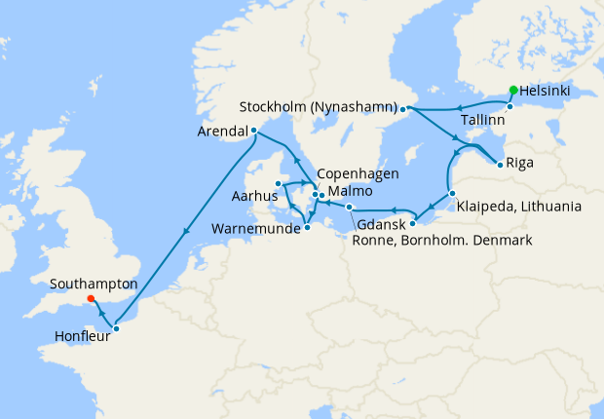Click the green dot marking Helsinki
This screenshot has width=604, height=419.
point(513,90)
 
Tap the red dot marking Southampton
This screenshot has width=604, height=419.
point(90,299)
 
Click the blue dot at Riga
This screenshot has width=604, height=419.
point(500,164)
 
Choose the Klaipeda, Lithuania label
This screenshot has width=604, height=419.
point(518,207)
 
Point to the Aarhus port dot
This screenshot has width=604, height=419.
point(278,183)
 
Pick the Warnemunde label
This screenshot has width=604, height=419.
point(254,230)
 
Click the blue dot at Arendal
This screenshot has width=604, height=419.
point(254,130)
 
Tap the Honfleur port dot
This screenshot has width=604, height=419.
point(116,328)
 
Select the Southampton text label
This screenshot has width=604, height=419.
point(94,284)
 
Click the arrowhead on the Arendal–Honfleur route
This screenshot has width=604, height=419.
point(184,231)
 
